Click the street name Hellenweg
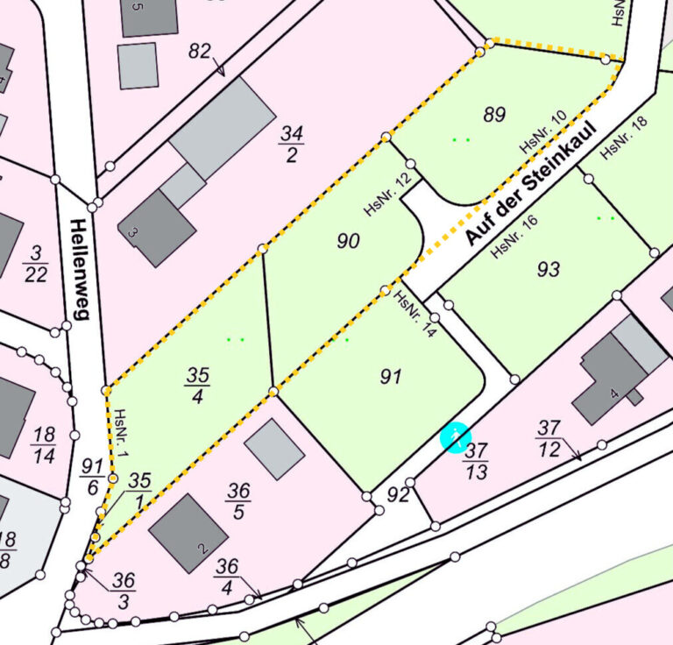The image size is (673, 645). (78, 269)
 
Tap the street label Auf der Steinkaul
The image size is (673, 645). (530, 184)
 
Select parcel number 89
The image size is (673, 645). (494, 114)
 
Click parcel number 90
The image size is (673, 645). (349, 241)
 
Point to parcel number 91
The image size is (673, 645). (391, 377)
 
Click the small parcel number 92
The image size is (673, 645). (399, 495)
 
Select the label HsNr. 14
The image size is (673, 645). (415, 314)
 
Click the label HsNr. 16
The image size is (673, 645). (514, 237)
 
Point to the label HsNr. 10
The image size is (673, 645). (543, 133)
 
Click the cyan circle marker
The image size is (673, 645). (456, 437)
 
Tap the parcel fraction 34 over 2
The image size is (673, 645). (291, 145)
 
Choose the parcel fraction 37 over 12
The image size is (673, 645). (549, 438)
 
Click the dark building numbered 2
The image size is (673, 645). (188, 533)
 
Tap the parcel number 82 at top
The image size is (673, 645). (200, 52)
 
